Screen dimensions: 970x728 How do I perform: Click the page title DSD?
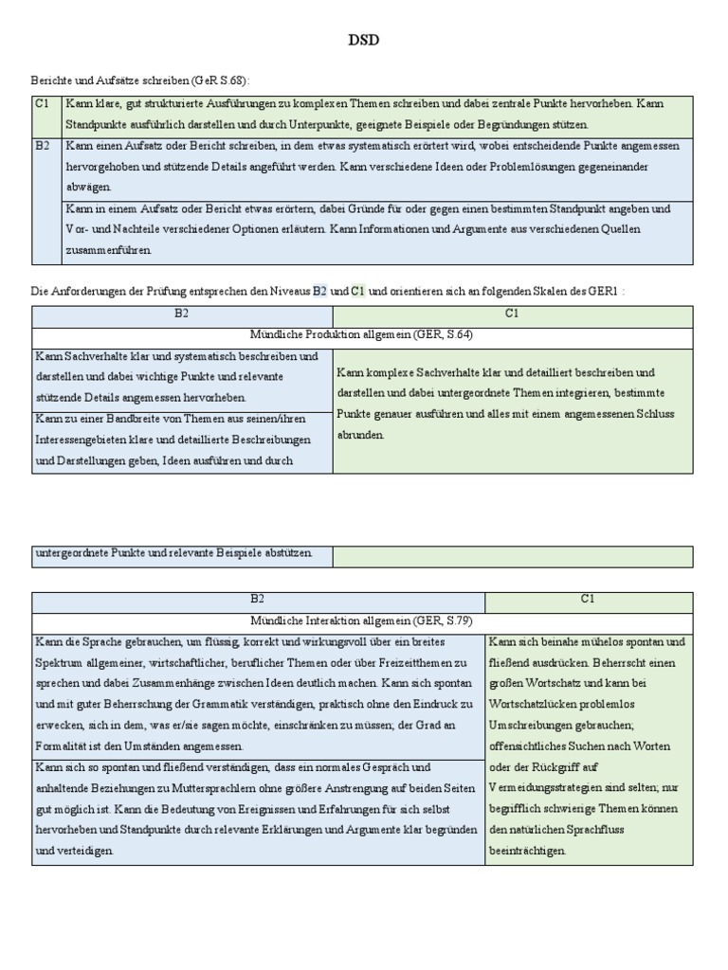tap(363, 41)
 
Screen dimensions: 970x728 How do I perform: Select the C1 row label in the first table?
tap(43, 103)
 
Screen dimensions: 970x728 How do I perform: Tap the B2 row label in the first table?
tap(43, 147)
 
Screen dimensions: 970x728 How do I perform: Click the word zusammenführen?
tap(108, 251)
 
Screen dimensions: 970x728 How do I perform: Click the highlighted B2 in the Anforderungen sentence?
tap(319, 292)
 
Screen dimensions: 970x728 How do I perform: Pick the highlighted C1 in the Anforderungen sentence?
tap(358, 292)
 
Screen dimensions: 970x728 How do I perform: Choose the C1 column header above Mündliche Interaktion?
tap(588, 600)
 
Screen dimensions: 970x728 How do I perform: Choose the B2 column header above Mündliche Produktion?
tap(182, 314)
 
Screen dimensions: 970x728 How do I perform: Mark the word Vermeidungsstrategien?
tap(544, 788)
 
